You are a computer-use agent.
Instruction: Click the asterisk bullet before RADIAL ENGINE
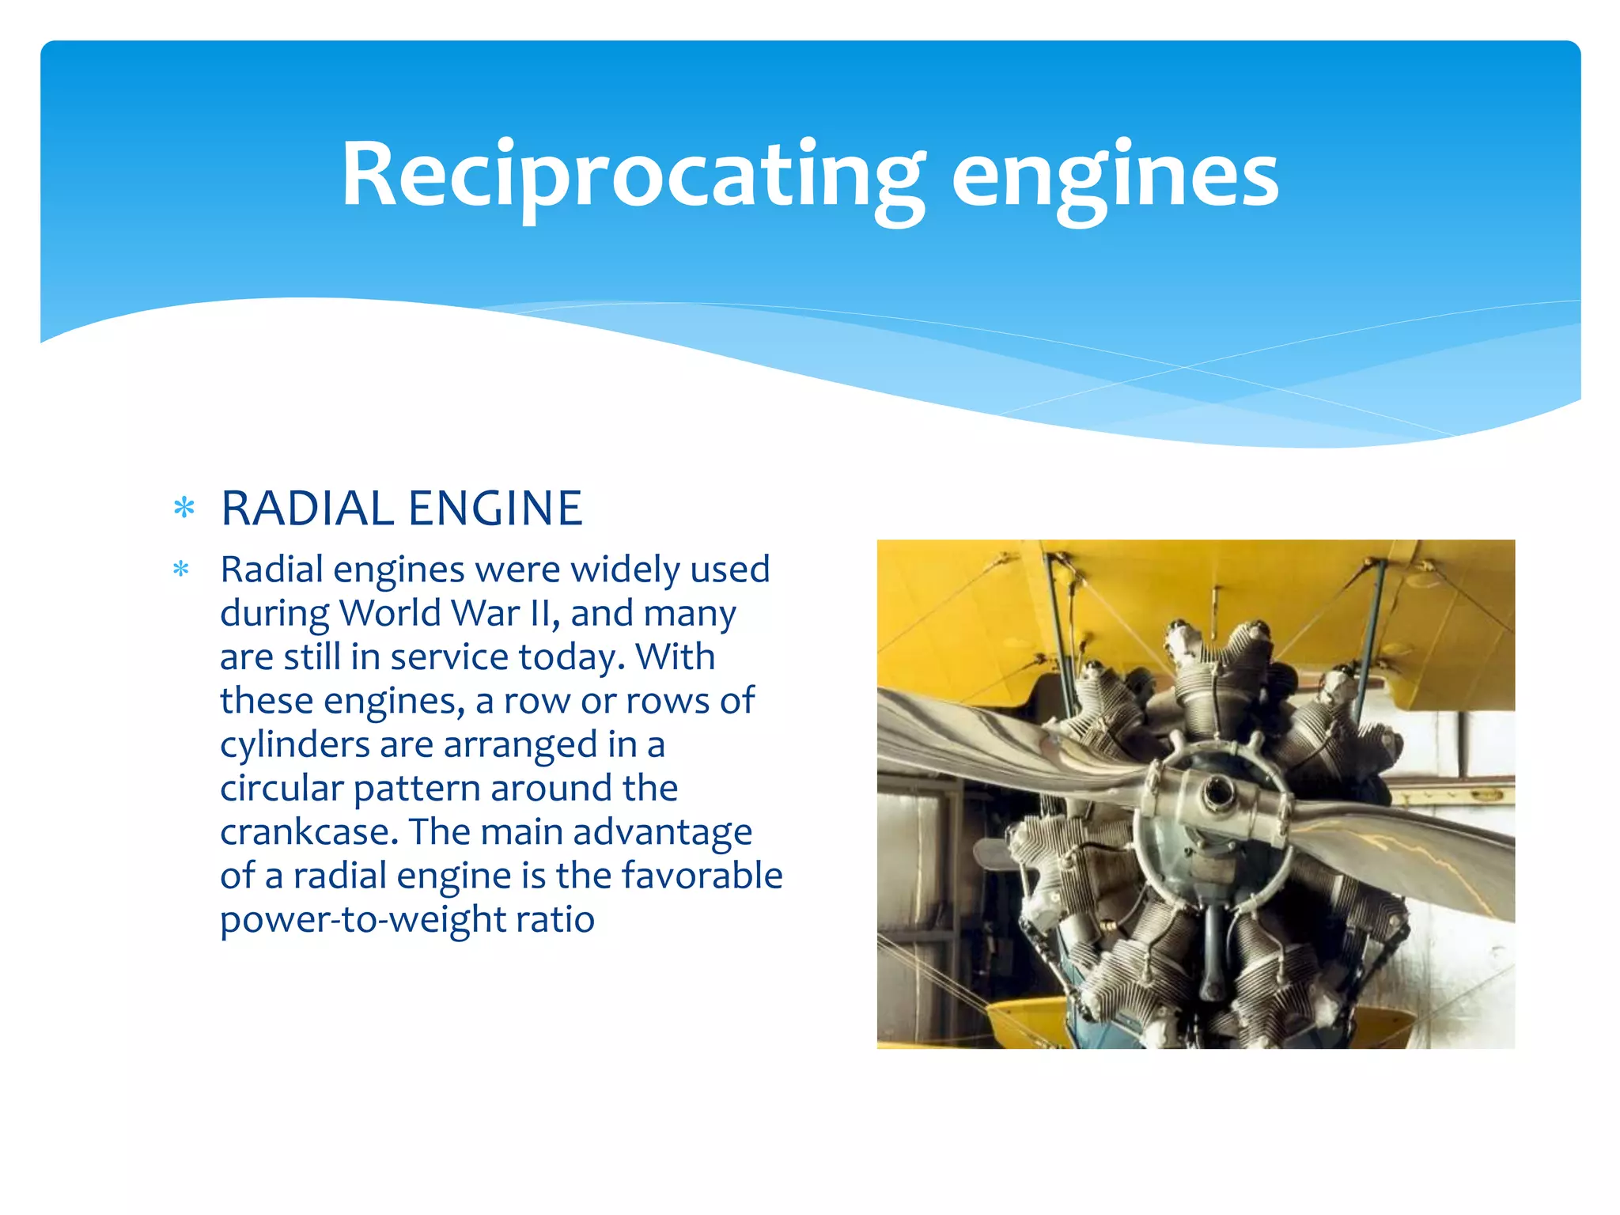pos(184,508)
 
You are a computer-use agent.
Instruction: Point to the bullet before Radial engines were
pos(181,569)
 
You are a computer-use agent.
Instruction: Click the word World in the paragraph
pos(388,613)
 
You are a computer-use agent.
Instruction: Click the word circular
pos(281,789)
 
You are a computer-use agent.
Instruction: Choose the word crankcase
pos(308,832)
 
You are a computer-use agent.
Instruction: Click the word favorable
pos(702,876)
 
